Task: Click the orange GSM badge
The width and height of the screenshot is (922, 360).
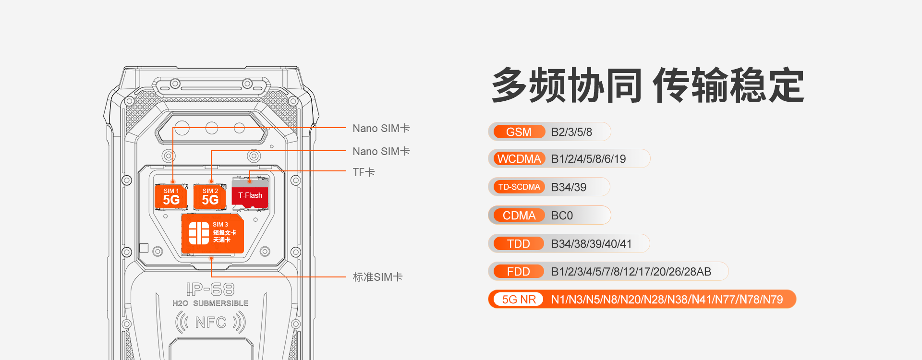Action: click(x=519, y=132)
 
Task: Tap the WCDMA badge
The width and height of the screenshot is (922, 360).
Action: click(x=519, y=159)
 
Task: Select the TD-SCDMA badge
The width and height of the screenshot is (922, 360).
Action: click(x=519, y=187)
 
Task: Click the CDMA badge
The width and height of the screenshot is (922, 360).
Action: click(x=519, y=216)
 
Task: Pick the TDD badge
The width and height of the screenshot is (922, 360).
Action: click(x=519, y=244)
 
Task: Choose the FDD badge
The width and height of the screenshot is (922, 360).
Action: click(x=519, y=272)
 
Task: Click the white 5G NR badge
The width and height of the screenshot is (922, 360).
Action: click(x=519, y=300)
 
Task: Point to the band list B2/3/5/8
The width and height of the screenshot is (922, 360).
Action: click(x=571, y=132)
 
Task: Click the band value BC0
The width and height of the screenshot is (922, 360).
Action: click(x=562, y=216)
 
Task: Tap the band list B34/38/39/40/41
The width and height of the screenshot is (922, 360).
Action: click(x=591, y=244)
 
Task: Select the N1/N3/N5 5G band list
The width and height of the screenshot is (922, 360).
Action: click(x=667, y=300)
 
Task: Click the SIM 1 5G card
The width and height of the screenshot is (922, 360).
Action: click(x=171, y=197)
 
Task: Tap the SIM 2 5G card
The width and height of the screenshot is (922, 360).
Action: click(x=210, y=197)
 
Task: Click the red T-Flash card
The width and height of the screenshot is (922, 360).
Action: click(x=250, y=195)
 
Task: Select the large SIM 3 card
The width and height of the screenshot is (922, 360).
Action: click(x=212, y=234)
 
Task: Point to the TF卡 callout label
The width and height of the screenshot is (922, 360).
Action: click(x=364, y=172)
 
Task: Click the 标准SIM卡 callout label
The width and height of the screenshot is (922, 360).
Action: click(x=377, y=277)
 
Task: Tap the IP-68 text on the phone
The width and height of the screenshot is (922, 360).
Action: click(x=210, y=289)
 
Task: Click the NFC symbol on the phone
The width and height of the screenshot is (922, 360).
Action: click(x=210, y=322)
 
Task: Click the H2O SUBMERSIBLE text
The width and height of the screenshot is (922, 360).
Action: click(x=210, y=303)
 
